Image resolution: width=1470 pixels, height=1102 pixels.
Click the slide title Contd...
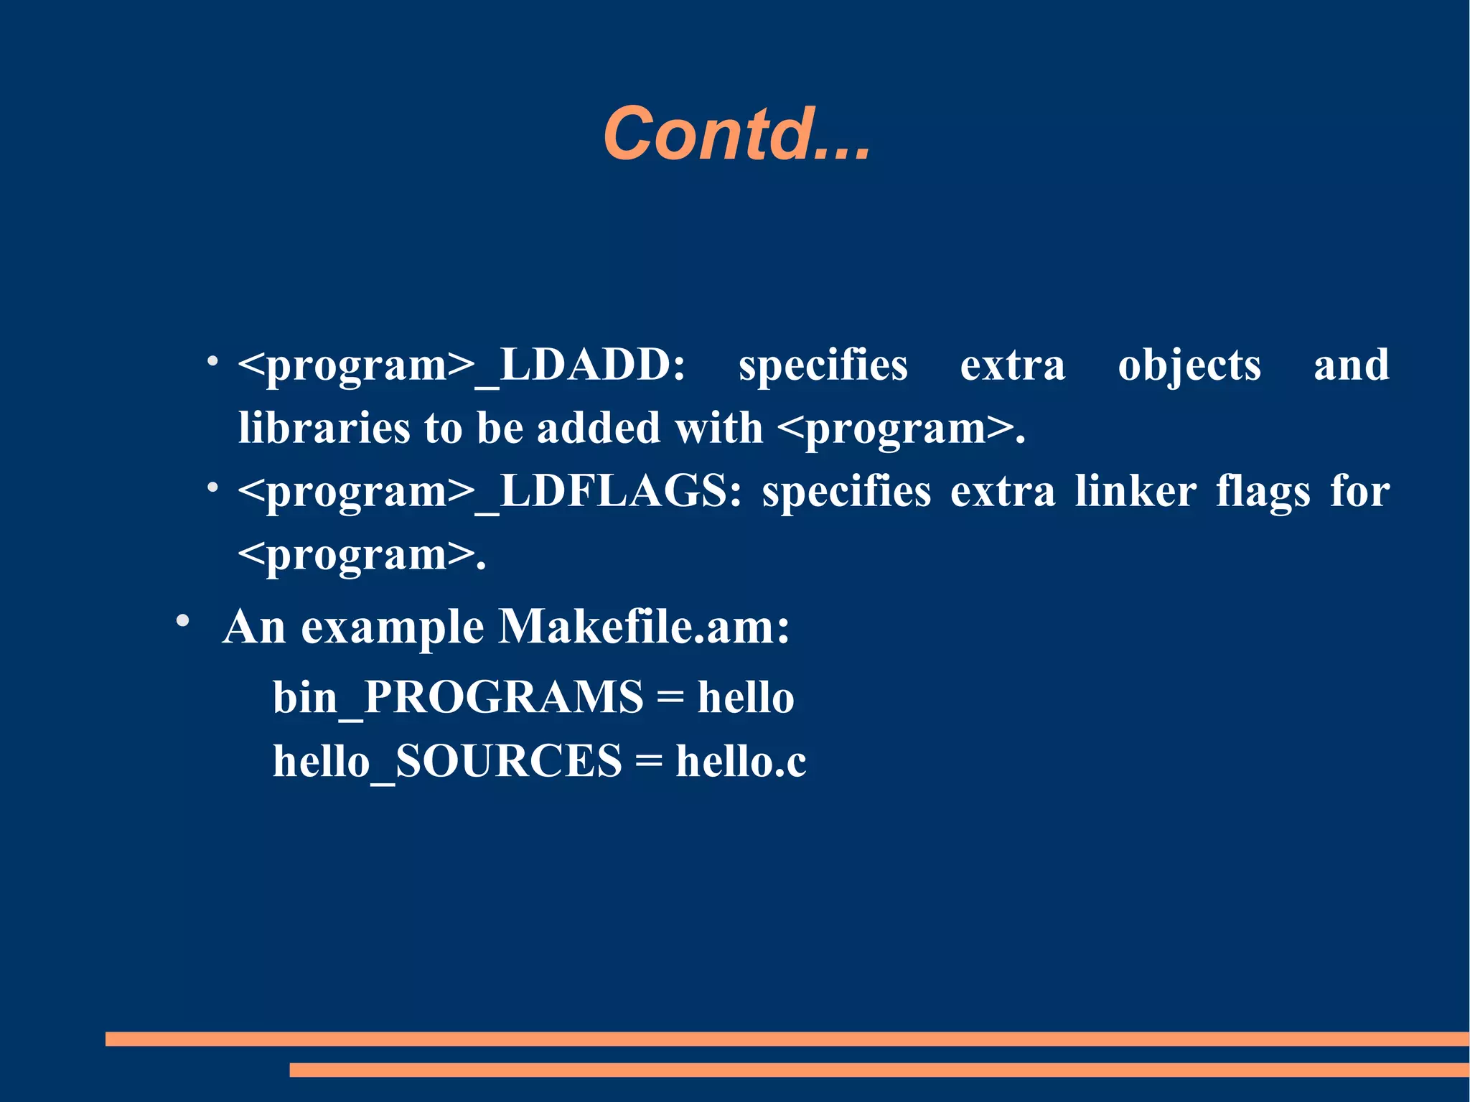[736, 134]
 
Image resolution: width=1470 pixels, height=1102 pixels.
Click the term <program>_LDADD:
[462, 366]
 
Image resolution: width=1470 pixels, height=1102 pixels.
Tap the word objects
[1189, 366]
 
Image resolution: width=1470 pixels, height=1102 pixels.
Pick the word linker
[1135, 492]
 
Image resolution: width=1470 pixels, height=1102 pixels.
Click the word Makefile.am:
[644, 627]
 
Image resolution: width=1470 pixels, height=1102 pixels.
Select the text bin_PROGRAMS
[458, 698]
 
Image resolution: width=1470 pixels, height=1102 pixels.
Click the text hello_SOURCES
[447, 761]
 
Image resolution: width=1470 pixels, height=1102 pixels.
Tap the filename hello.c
[741, 761]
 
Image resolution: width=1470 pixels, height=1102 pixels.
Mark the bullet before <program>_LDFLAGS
[212, 487]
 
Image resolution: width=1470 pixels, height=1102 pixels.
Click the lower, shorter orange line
[879, 1070]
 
